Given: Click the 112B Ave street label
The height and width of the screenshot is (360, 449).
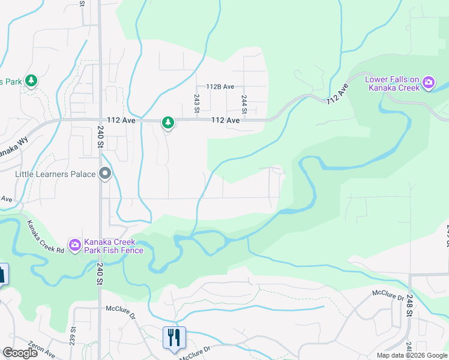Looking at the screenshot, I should click(220, 87).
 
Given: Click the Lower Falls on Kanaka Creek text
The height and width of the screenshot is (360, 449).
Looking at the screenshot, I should click(393, 83).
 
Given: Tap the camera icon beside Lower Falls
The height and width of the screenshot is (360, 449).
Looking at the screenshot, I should click(429, 83).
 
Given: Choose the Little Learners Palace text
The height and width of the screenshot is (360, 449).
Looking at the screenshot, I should click(55, 174).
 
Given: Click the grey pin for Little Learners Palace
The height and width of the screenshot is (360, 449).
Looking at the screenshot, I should click(106, 174).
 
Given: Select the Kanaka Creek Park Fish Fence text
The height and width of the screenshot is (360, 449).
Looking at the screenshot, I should click(113, 245).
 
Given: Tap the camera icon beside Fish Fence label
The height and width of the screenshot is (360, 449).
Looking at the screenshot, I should click(74, 244).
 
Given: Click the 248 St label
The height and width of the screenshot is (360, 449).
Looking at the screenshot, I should click(409, 305).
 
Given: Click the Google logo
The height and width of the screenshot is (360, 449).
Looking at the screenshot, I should click(20, 353).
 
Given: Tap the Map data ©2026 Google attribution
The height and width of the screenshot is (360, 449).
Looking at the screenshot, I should click(412, 355).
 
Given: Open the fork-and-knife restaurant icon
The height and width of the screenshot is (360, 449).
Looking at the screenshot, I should click(174, 337).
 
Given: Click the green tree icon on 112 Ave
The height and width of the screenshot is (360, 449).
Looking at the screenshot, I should click(168, 123).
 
